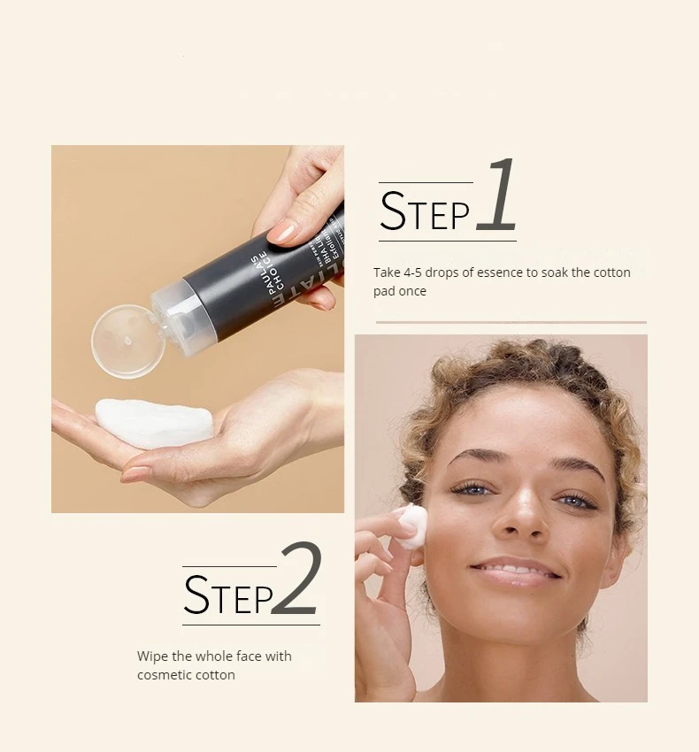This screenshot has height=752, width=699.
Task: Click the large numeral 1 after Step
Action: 498,196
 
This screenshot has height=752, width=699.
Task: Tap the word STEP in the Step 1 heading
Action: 425,213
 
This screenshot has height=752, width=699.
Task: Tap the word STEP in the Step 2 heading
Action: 227,595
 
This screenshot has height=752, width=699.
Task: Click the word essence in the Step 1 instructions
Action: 500,272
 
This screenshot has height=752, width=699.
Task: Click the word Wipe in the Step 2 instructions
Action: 152,656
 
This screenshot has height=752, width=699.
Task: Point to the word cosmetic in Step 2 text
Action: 164,675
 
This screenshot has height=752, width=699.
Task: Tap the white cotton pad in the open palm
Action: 152,422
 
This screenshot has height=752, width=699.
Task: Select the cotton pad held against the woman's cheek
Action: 411,526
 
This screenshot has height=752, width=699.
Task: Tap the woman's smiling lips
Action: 517,572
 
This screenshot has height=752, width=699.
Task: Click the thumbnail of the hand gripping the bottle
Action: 284,232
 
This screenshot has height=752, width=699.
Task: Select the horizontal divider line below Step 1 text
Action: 511,323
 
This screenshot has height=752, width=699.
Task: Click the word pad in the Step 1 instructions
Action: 387,291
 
